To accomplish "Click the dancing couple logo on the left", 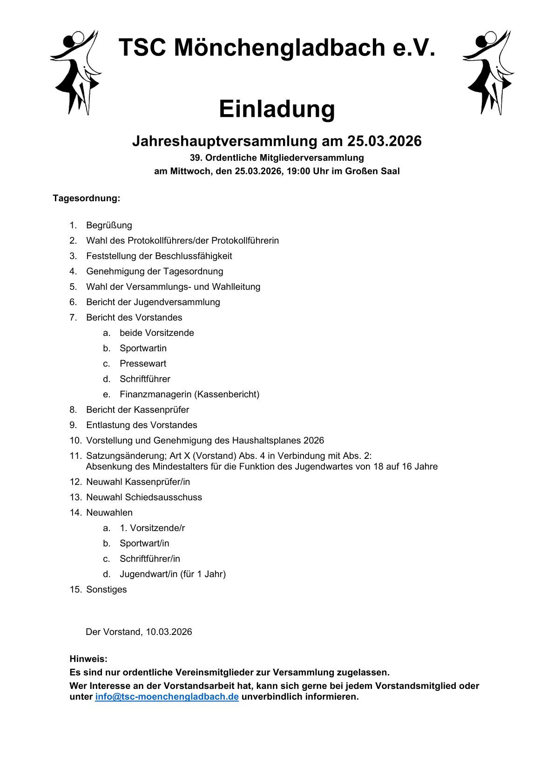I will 75,72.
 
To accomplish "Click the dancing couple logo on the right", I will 488,72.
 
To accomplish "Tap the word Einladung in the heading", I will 277,109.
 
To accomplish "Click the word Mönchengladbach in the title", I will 279,48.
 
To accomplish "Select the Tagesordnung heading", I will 86,198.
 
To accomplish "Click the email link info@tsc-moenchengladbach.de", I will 167,697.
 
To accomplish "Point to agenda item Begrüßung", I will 109,225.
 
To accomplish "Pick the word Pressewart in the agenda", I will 142,364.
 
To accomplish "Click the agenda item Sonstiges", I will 106,590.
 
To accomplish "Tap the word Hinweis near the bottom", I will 88,659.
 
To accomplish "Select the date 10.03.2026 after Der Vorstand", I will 169,632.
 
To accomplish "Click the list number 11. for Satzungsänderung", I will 75,456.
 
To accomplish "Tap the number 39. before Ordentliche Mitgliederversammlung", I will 196,158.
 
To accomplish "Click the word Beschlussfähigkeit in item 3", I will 193,256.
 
